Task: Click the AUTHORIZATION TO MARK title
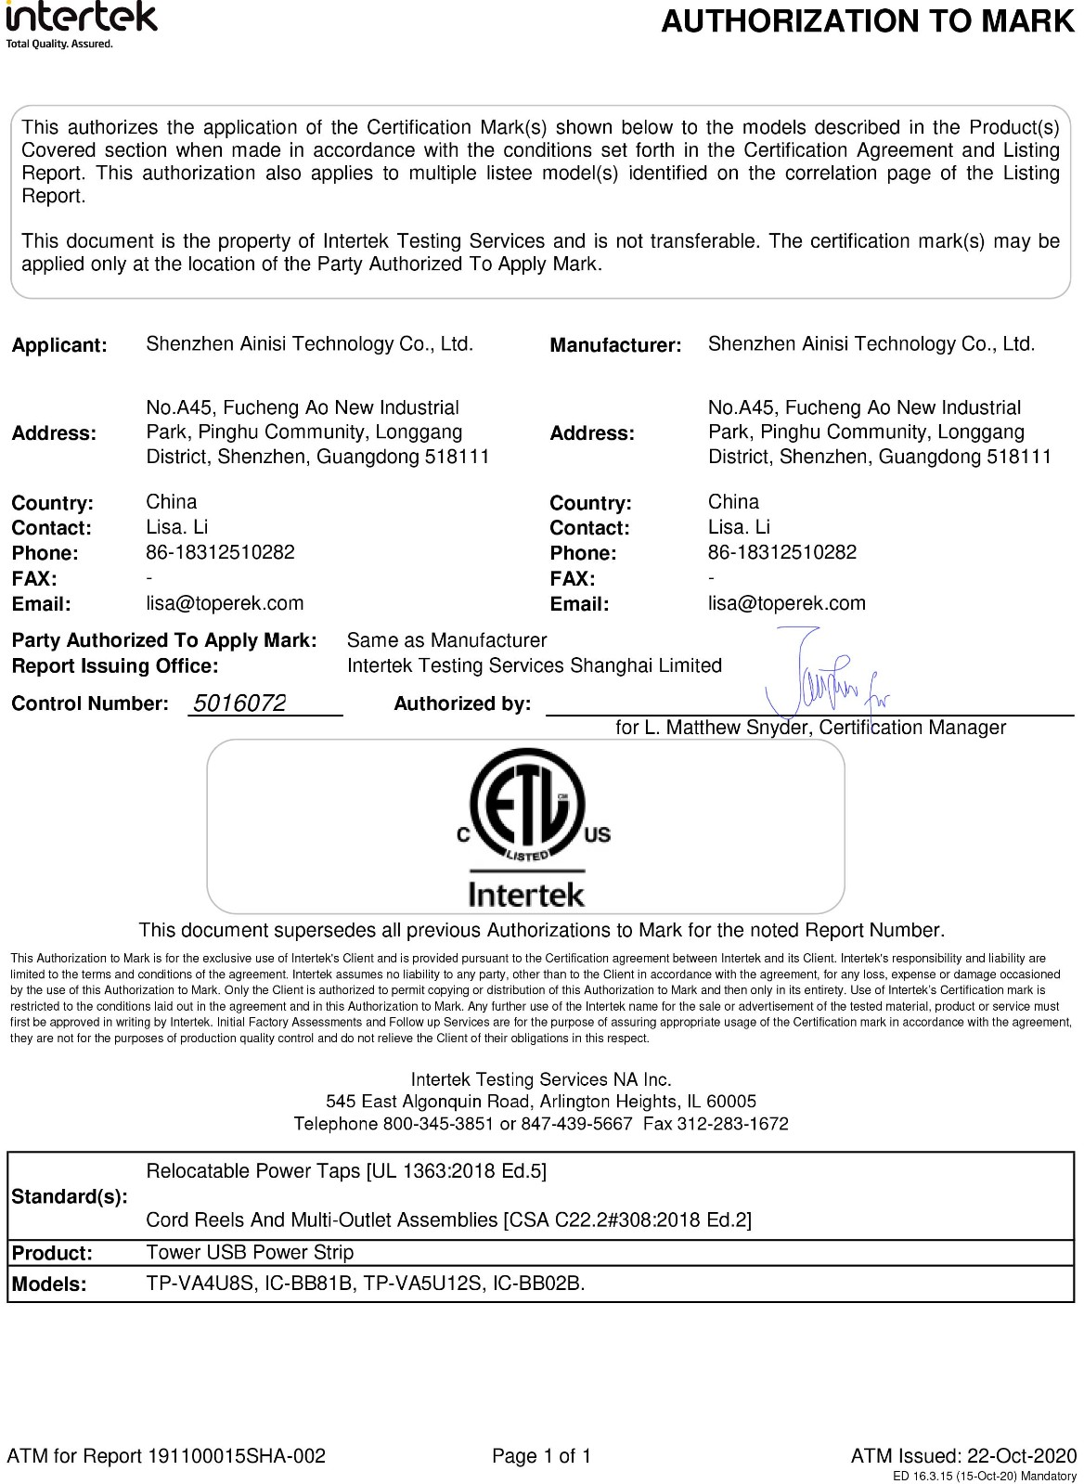point(867,20)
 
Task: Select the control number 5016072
point(239,703)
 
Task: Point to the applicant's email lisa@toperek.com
point(225,603)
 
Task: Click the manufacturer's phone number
point(781,552)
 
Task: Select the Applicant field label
point(59,345)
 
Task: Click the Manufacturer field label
point(615,345)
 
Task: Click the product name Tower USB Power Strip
point(250,1252)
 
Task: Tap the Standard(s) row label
point(70,1196)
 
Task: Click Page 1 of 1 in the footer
point(541,1455)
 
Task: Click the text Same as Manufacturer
point(446,640)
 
